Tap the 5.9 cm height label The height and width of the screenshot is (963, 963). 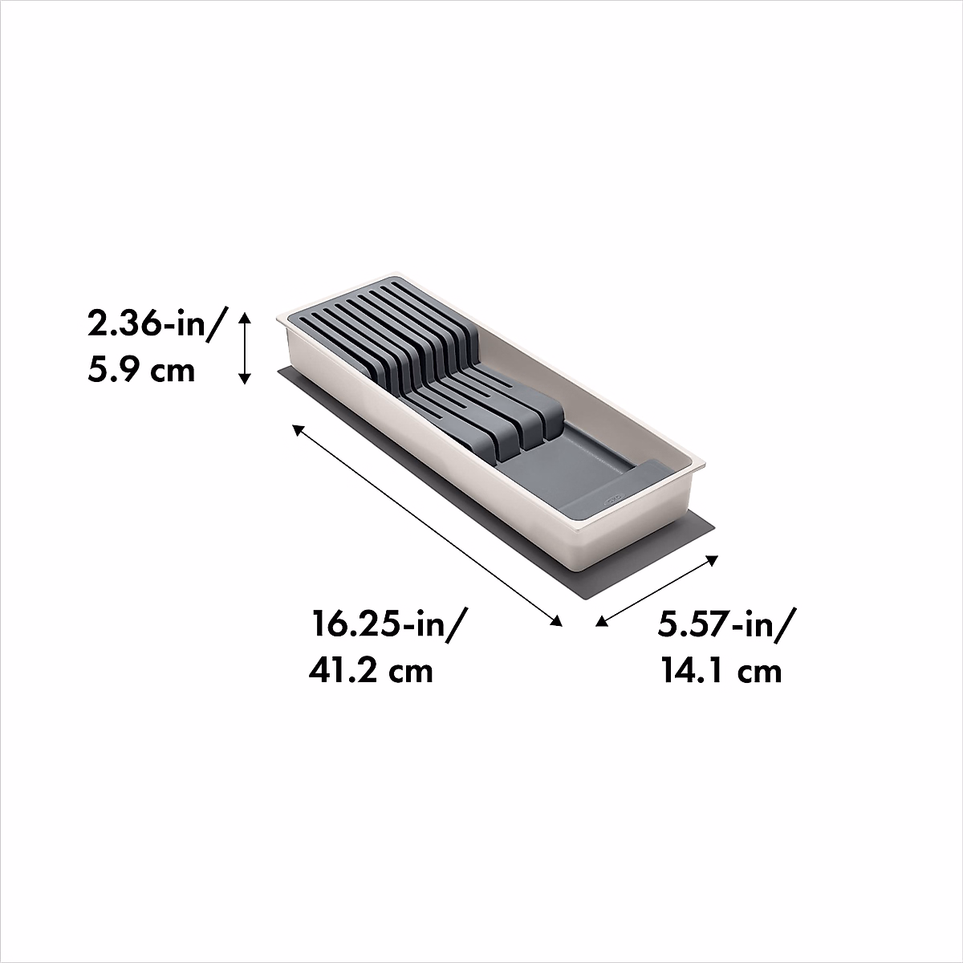pyautogui.click(x=140, y=371)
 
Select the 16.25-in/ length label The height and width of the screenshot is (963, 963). pyautogui.click(x=384, y=624)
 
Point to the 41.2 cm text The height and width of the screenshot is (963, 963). pyautogui.click(x=371, y=669)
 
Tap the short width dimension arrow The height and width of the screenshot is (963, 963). pyautogui.click(x=656, y=590)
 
